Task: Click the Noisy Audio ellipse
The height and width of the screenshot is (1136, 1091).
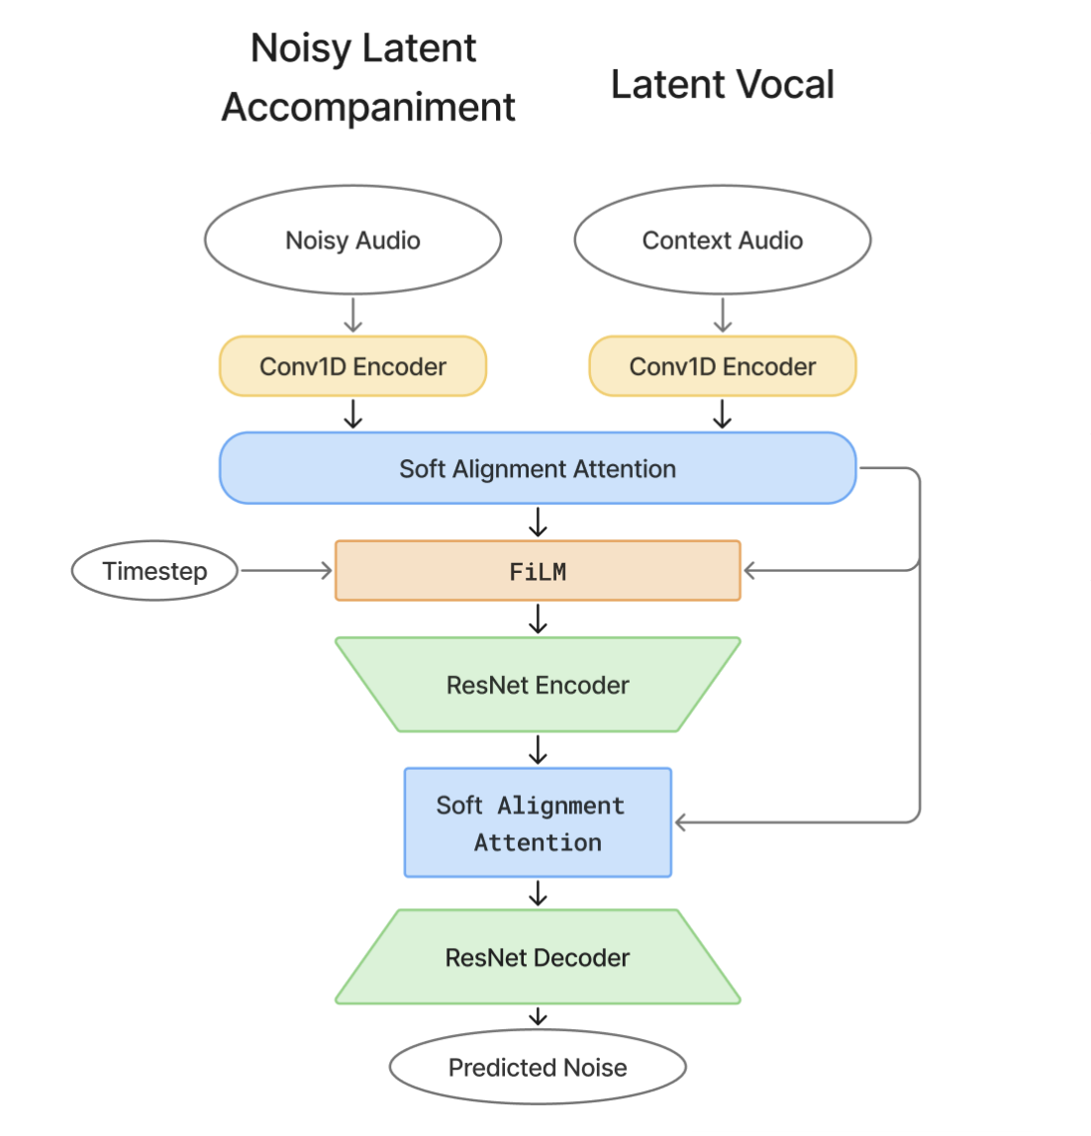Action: point(352,240)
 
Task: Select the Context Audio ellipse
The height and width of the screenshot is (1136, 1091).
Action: point(722,240)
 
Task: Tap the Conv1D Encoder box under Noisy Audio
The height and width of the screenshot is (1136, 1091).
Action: point(352,367)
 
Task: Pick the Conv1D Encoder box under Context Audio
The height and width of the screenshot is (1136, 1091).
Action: point(722,367)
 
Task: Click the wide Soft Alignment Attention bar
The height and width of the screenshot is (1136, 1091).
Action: point(537,468)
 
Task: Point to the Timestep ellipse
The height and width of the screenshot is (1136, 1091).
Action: point(154,571)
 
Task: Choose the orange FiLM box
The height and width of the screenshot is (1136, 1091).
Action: point(538,571)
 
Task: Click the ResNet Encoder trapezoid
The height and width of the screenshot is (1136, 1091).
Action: point(538,685)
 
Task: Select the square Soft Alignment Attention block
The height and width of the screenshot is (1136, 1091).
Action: point(538,823)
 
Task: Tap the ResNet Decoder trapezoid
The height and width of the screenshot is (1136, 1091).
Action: point(538,957)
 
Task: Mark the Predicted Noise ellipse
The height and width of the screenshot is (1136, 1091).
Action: point(538,1068)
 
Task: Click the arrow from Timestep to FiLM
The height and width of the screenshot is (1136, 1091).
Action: point(285,571)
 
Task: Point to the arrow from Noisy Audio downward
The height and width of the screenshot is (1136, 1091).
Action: point(352,315)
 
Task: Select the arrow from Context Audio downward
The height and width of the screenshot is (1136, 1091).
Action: point(722,315)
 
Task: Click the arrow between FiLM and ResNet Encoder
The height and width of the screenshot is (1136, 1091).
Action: point(538,619)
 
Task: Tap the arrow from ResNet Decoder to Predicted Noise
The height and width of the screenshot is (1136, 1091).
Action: point(538,1016)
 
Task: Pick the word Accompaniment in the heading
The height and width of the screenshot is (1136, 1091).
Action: point(368,107)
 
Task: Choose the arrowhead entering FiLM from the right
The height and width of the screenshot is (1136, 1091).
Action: point(750,571)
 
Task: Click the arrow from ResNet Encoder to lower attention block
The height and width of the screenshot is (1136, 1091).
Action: point(538,750)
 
